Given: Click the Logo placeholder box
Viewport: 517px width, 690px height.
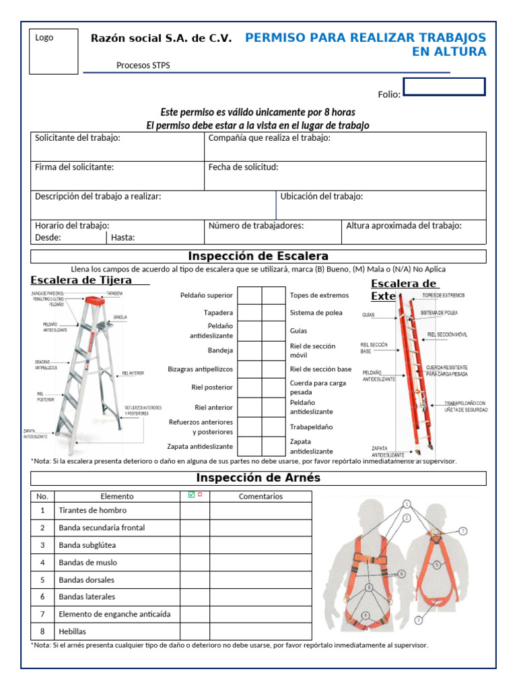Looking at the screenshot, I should click(53, 51).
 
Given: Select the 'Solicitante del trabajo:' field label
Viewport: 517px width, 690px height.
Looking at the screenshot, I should click(77, 138).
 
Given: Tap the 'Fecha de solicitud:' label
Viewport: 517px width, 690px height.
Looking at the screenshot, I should click(243, 167).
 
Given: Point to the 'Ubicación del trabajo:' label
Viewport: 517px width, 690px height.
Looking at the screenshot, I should click(321, 196).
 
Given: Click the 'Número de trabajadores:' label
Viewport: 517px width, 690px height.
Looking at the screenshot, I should click(256, 226).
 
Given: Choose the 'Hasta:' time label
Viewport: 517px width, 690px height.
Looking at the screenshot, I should click(123, 237).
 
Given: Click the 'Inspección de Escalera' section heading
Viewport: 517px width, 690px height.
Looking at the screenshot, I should click(258, 256).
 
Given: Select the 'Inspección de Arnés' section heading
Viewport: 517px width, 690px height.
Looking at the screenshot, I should click(258, 478).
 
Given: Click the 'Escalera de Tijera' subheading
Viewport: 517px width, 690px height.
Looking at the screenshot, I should click(81, 280).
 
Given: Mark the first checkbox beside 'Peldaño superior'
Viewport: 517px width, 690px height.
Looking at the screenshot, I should click(250, 295).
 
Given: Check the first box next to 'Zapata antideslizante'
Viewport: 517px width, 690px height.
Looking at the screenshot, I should click(250, 446).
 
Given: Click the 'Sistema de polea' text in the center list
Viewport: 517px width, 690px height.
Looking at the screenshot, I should click(316, 313).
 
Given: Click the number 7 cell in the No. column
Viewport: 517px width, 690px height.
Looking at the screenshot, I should click(42, 614).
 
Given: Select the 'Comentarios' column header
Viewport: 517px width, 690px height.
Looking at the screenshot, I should click(261, 497).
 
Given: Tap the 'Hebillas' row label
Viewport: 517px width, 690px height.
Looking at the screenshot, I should click(73, 631).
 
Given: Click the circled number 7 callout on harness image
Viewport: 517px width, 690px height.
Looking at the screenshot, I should click(463, 531).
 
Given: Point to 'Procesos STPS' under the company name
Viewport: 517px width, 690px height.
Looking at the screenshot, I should click(143, 65).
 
